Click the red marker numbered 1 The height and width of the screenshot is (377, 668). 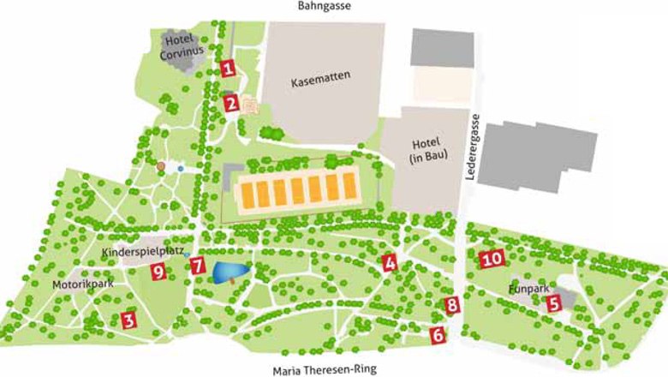[x=227, y=69]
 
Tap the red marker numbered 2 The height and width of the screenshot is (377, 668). [x=231, y=104]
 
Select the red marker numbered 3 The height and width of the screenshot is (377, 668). [x=128, y=321]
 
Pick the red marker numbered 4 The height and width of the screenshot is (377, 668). [x=390, y=264]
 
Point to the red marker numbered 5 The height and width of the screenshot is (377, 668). [x=553, y=302]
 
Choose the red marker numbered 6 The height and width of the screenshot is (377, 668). [x=438, y=335]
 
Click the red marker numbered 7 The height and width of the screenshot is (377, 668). [x=198, y=266]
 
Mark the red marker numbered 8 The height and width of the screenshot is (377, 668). [x=452, y=304]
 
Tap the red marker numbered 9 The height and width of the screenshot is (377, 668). [x=158, y=272]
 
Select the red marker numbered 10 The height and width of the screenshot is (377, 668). [x=491, y=258]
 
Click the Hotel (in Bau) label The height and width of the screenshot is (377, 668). [x=419, y=153]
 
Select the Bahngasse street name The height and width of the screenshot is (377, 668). [x=325, y=7]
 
